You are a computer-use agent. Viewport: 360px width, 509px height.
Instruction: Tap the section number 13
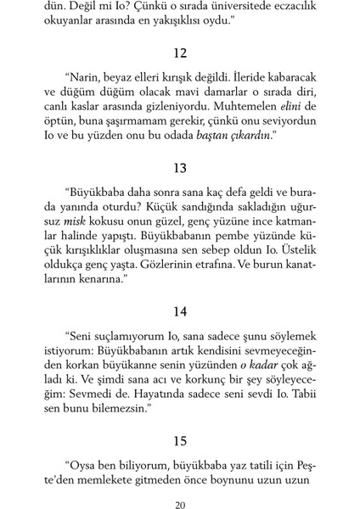point(179,167)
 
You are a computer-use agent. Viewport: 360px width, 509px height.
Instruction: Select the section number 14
point(179,311)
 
